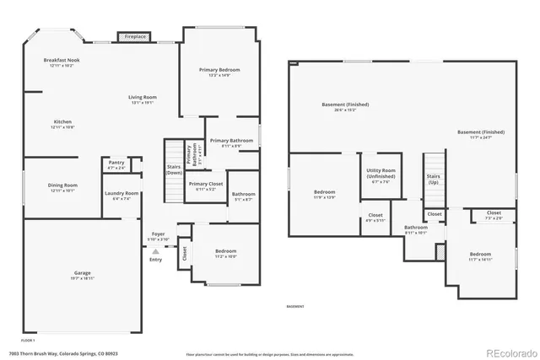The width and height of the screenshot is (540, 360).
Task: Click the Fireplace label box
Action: (136, 37)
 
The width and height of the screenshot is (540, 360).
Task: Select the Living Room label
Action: (143, 99)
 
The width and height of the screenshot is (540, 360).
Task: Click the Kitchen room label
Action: (62, 123)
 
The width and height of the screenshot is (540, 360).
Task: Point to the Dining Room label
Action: (62, 187)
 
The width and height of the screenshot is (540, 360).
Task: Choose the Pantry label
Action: (116, 165)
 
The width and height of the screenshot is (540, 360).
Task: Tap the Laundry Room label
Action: (121, 196)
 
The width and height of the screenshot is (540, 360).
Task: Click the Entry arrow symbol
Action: (155, 251)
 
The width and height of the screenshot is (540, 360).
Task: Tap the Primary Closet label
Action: (206, 185)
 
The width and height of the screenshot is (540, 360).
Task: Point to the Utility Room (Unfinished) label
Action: (379, 174)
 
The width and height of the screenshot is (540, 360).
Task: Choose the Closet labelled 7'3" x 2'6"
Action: (494, 216)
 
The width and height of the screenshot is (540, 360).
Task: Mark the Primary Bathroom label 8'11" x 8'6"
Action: (226, 142)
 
